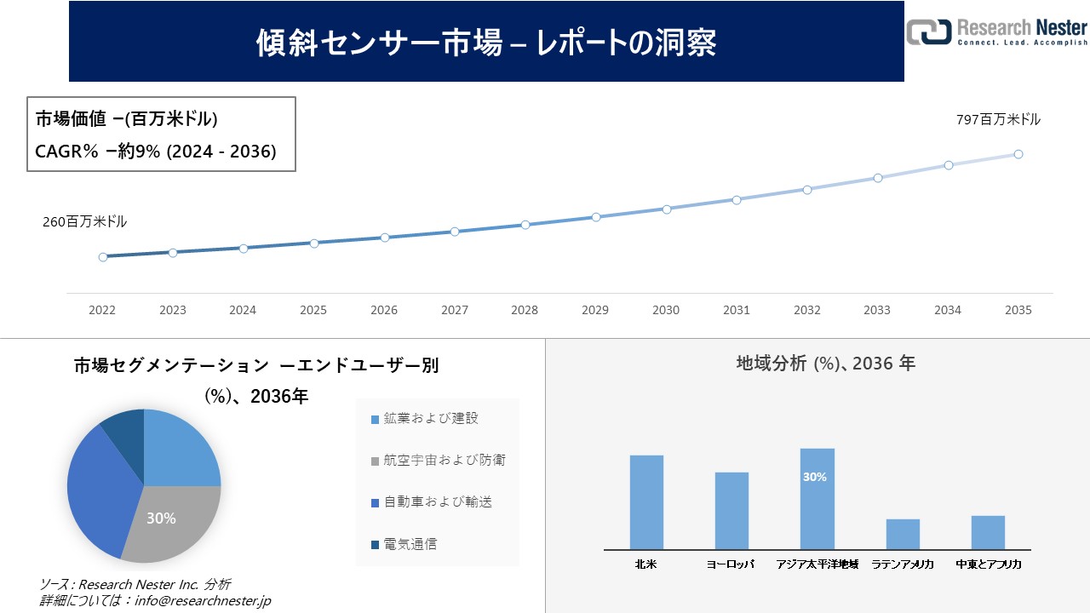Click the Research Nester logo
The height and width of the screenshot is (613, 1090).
tap(996, 32)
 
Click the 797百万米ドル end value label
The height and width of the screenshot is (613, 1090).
tap(998, 120)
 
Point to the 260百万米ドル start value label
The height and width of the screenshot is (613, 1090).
tap(85, 221)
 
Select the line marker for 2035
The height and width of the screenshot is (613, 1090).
tap(1018, 154)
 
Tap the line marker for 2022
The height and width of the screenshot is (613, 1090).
tap(103, 256)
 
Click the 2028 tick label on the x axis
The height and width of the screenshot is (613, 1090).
tap(525, 311)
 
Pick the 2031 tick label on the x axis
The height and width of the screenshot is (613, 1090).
tap(736, 311)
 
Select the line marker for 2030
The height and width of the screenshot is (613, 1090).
tap(666, 209)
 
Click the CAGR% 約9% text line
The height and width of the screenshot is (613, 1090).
tap(155, 152)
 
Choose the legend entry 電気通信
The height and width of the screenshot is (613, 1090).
tap(410, 544)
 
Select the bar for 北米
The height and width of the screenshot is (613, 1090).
tap(646, 502)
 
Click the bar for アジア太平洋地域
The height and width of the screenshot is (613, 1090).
tap(817, 499)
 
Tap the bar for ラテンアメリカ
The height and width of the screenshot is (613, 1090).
tap(903, 534)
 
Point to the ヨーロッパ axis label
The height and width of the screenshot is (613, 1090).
tap(731, 564)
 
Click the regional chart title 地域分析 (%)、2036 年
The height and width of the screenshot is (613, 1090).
tap(825, 364)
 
